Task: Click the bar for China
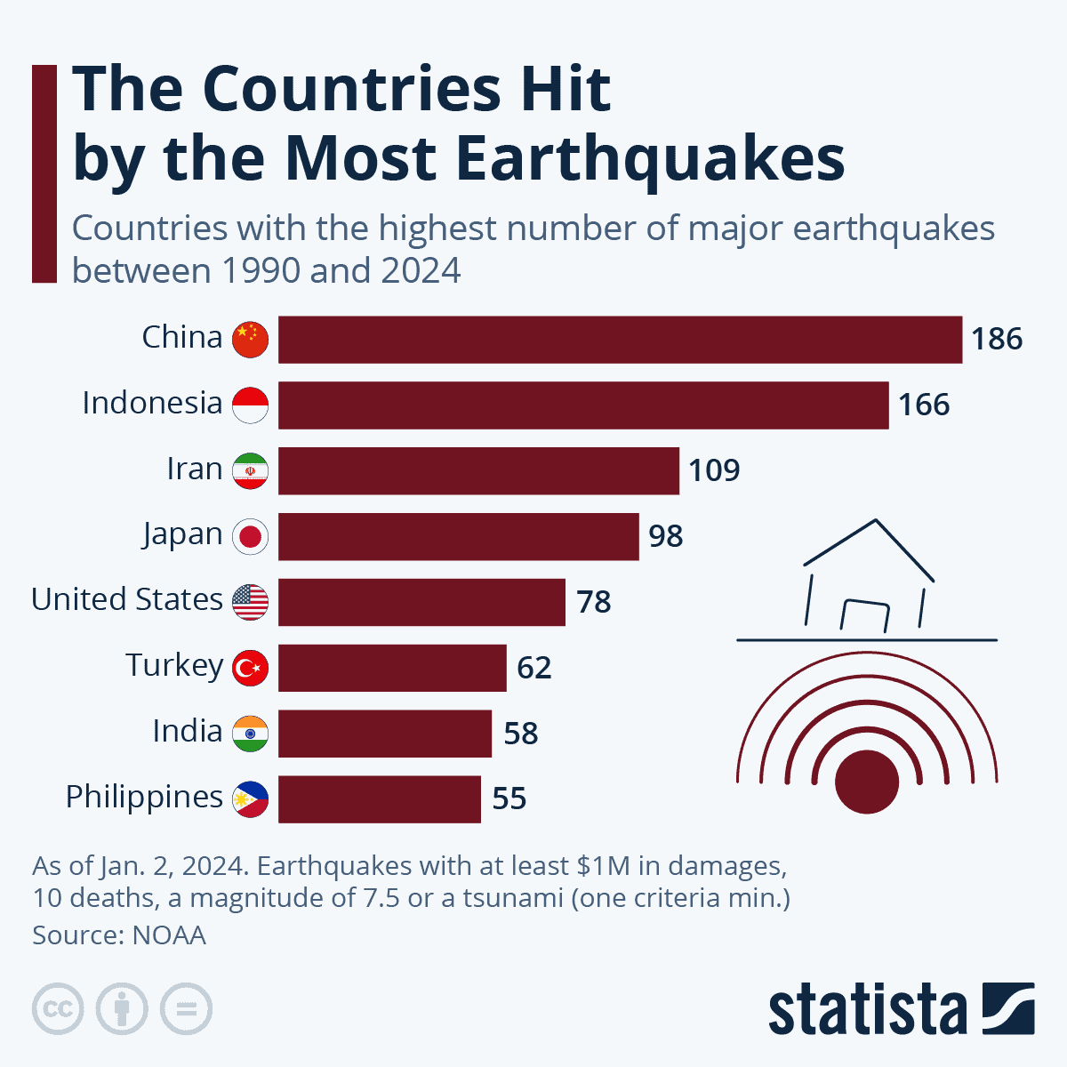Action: tap(620, 340)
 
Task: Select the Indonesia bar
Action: tap(583, 405)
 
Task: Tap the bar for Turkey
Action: tap(392, 668)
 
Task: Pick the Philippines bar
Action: tap(380, 798)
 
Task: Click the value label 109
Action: tap(714, 470)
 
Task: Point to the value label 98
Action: tap(666, 536)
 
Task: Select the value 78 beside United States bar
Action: tap(594, 602)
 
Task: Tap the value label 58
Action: tap(521, 734)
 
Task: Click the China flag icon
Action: tap(250, 340)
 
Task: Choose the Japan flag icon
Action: tap(250, 537)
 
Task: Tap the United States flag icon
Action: tap(250, 602)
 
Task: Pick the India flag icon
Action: tap(250, 734)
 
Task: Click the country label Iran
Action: tap(195, 469)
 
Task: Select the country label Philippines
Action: tap(144, 797)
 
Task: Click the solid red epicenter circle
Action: tap(867, 782)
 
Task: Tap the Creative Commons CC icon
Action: tap(58, 1009)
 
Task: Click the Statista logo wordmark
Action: tap(867, 1009)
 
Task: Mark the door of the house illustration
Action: tap(865, 616)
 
